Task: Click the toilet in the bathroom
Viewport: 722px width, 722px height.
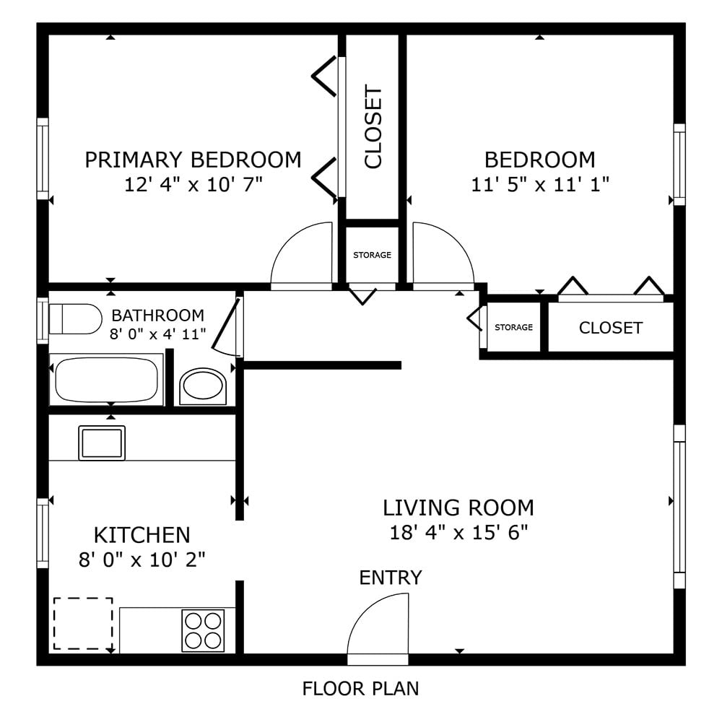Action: (76, 319)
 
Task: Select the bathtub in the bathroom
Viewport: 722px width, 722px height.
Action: (106, 380)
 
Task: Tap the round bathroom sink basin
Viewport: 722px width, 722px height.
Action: (204, 386)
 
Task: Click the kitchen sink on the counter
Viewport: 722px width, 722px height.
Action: (102, 443)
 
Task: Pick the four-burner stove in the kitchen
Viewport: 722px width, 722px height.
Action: (203, 630)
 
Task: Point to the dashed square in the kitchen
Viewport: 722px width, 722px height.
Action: (83, 623)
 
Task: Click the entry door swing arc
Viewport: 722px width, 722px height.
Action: (378, 625)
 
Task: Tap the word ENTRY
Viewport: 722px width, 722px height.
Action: (391, 578)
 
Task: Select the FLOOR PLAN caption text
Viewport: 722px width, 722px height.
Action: (360, 688)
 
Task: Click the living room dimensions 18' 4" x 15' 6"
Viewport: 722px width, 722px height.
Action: (458, 533)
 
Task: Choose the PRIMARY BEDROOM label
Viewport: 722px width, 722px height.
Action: (193, 160)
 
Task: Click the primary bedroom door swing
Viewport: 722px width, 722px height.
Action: (301, 256)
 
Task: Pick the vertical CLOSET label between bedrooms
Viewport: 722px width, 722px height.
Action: (373, 127)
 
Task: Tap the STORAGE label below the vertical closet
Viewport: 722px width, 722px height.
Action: (372, 255)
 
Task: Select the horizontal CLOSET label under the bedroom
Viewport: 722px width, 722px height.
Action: (610, 328)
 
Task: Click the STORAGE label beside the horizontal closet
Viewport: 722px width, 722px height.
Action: (513, 327)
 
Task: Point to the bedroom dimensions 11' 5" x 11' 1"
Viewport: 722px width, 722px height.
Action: (540, 185)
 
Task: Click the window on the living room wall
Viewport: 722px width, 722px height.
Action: (679, 505)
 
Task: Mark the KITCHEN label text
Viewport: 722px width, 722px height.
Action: (142, 535)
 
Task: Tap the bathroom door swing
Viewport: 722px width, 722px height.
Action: (227, 329)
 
